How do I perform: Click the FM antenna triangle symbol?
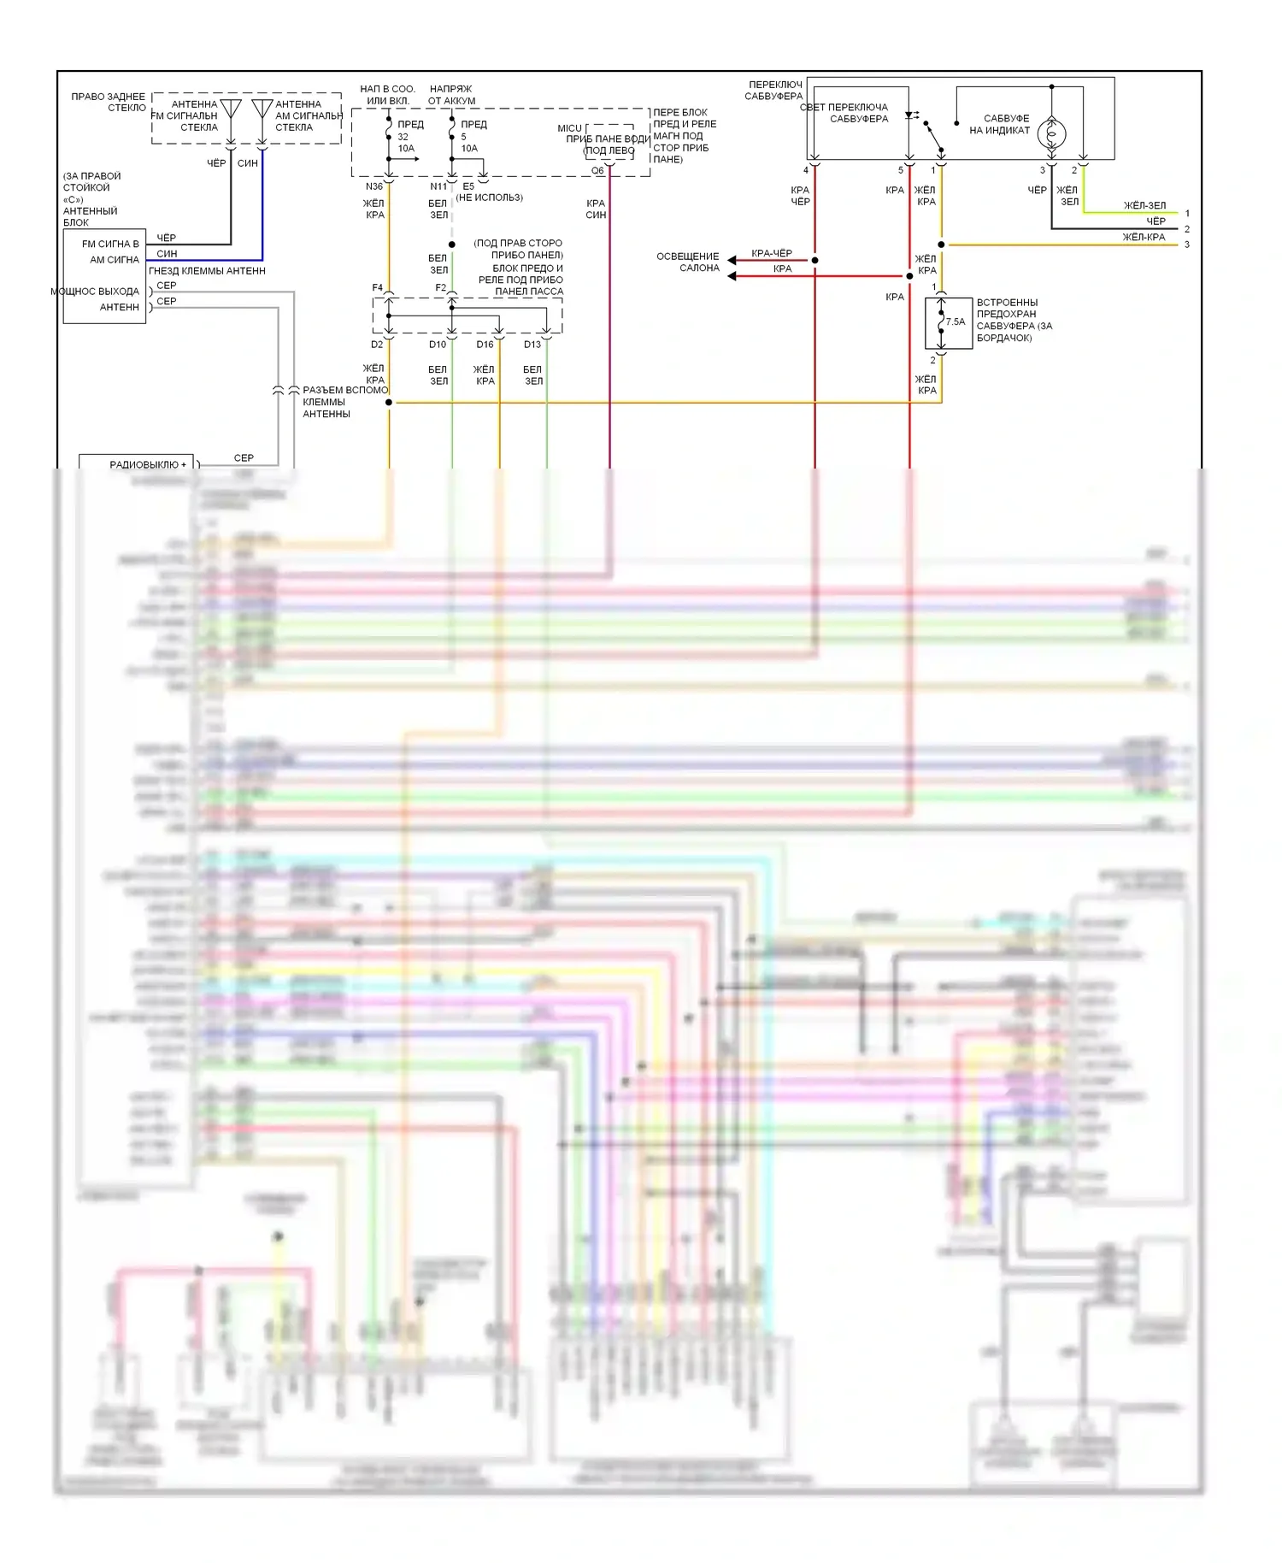click(x=231, y=109)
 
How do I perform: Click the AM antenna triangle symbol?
click(x=262, y=109)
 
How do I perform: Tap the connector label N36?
click(x=373, y=186)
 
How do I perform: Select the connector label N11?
click(x=438, y=186)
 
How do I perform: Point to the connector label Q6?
click(x=597, y=171)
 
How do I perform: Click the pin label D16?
click(x=485, y=345)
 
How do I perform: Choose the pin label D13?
click(x=532, y=345)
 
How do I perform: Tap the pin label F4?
click(x=377, y=287)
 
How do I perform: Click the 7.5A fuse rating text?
click(x=955, y=322)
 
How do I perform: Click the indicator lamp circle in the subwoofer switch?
click(x=1051, y=133)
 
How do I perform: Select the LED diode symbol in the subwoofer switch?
click(x=911, y=115)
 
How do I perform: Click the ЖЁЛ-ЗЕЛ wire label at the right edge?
click(x=1144, y=205)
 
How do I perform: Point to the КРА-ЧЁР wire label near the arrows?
click(x=771, y=253)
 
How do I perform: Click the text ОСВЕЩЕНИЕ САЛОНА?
click(x=688, y=262)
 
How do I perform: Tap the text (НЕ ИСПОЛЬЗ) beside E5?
click(x=490, y=198)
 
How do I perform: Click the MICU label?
click(x=569, y=128)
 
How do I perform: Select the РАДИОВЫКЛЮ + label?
click(x=147, y=465)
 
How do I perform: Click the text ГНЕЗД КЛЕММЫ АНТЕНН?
click(x=208, y=271)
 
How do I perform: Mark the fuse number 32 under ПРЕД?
click(x=403, y=137)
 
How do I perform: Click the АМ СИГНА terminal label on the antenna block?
click(x=115, y=260)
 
